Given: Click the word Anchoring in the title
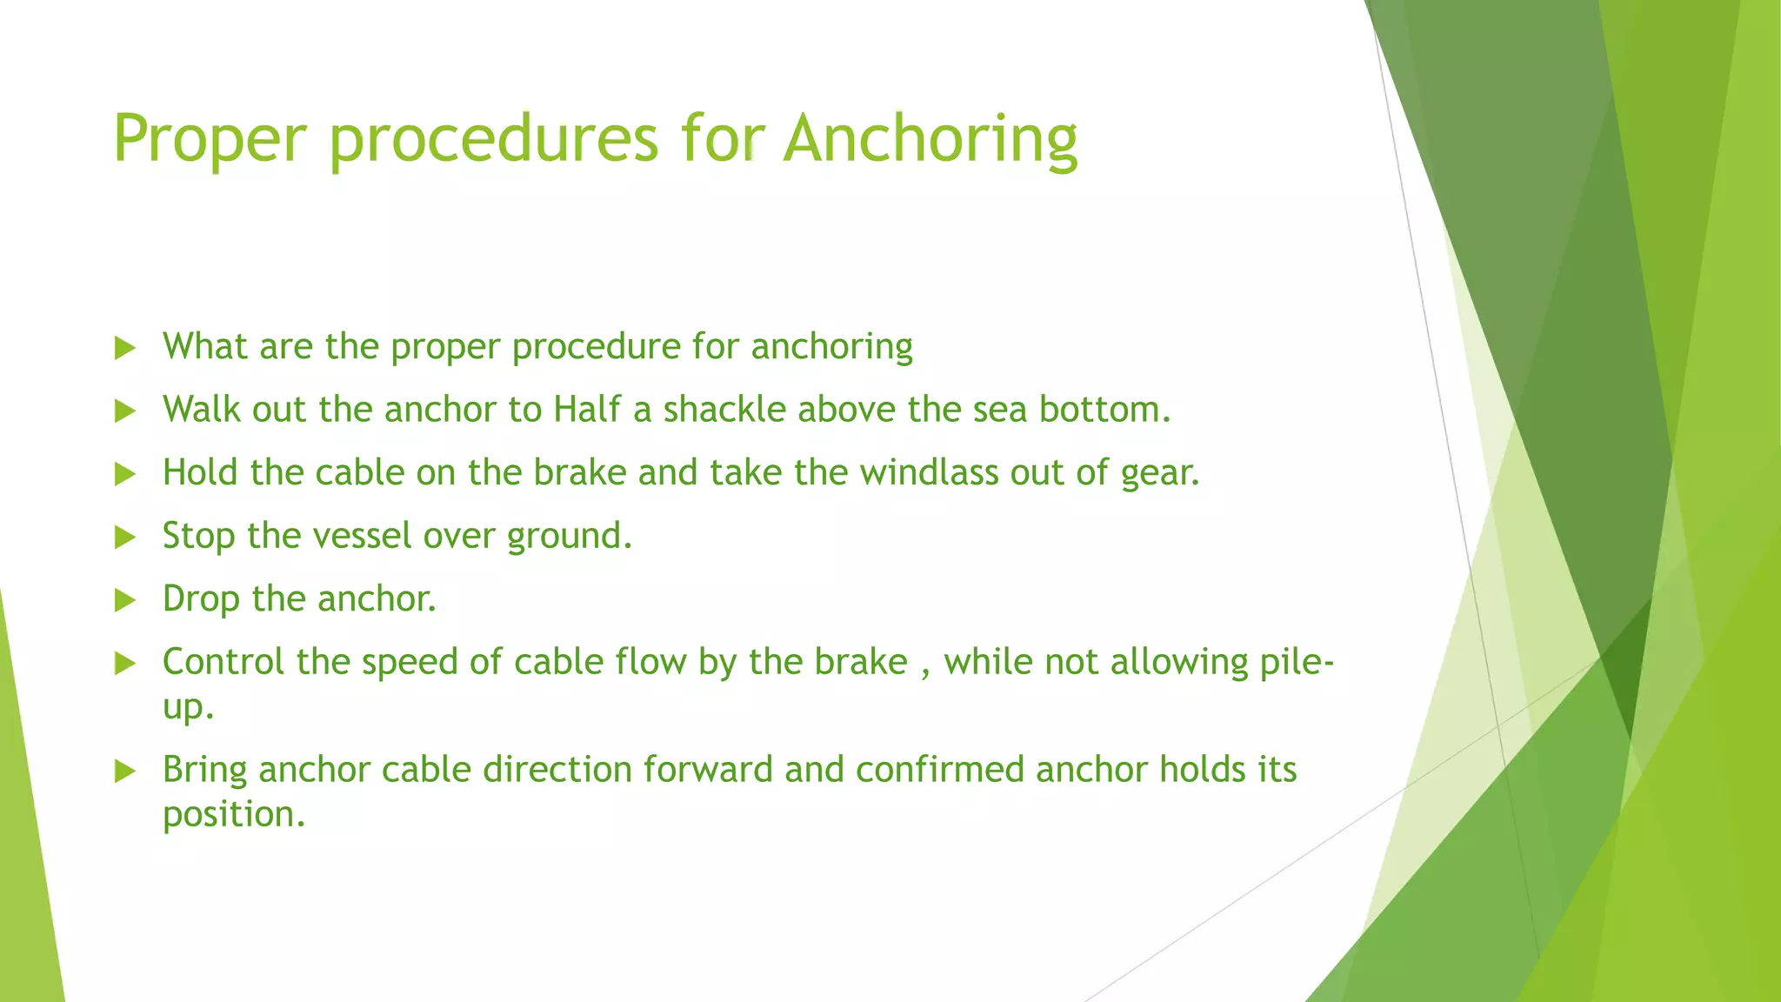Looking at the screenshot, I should (x=930, y=139).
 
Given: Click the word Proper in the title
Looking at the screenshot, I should (x=210, y=139).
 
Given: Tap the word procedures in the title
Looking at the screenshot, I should (x=494, y=139).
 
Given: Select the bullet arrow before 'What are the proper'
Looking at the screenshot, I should (x=125, y=349).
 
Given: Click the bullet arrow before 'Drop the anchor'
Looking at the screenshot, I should (x=125, y=600).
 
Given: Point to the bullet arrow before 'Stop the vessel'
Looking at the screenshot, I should (x=125, y=538).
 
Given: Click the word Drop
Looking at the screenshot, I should (x=201, y=599).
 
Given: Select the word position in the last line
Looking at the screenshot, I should (x=232, y=815).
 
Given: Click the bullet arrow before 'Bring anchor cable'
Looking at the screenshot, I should (x=125, y=771).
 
